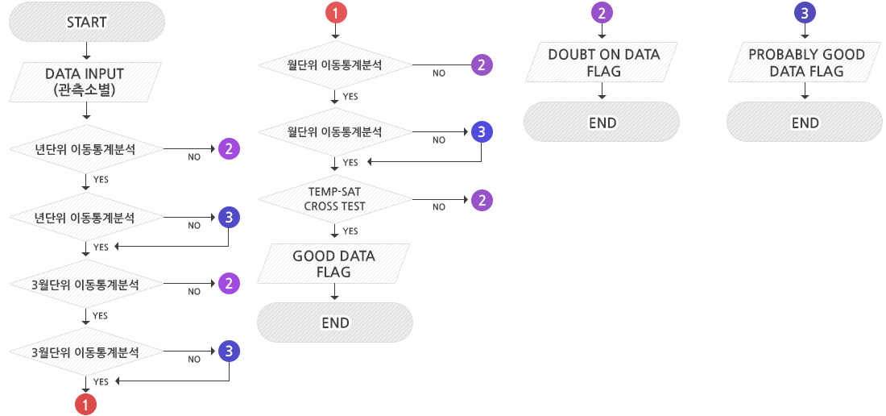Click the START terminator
coord(87,22)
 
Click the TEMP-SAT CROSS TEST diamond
coord(335,199)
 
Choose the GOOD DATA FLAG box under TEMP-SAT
coord(333,264)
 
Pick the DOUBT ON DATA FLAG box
coord(602,63)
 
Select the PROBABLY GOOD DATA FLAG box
coord(805,63)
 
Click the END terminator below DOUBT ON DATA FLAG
coord(602,123)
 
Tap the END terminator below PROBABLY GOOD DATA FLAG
coord(805,123)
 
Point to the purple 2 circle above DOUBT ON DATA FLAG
coord(602,12)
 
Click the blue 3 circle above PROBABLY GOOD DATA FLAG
coord(805,12)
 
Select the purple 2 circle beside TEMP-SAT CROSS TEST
coord(481,200)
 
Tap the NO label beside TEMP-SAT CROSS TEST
coord(439,207)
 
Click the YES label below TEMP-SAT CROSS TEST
coord(350,231)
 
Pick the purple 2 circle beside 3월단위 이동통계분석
coord(229,284)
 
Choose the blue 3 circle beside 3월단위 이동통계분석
coord(229,352)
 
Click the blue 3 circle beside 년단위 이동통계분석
coord(229,217)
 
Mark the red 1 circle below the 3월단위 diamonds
coord(86,403)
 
